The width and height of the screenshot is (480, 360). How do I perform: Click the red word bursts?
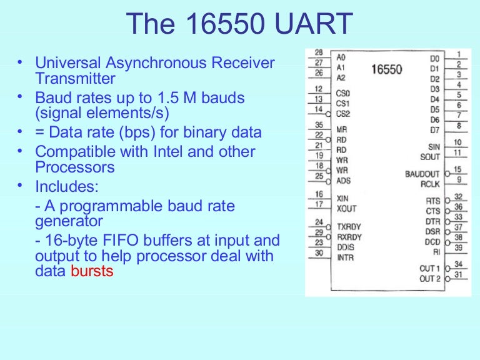pyautogui.click(x=92, y=271)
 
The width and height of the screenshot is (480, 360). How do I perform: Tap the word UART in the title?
pyautogui.click(x=314, y=24)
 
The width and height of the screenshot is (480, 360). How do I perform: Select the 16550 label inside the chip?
pyautogui.click(x=387, y=69)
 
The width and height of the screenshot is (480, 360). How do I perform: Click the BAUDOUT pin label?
pyautogui.click(x=422, y=174)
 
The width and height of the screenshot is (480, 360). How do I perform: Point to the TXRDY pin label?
pyautogui.click(x=349, y=227)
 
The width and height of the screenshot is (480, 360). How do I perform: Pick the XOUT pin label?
pyautogui.click(x=346, y=209)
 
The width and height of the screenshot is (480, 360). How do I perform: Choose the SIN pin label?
pyautogui.click(x=434, y=147)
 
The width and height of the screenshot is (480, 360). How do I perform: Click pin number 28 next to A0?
pyautogui.click(x=319, y=52)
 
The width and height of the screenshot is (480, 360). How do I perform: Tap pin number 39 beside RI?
pyautogui.click(x=458, y=247)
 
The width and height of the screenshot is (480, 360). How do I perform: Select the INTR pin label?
pyautogui.click(x=345, y=257)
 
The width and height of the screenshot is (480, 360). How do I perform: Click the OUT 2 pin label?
pyautogui.click(x=430, y=279)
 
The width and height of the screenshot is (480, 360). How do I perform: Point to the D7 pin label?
pyautogui.click(x=435, y=130)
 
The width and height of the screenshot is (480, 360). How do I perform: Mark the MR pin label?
pyautogui.click(x=342, y=130)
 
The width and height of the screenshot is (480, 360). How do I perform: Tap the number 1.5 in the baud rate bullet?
pyautogui.click(x=168, y=98)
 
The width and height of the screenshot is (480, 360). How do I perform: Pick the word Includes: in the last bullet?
pyautogui.click(x=67, y=186)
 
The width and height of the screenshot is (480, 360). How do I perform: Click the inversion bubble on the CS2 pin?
pyautogui.click(x=328, y=114)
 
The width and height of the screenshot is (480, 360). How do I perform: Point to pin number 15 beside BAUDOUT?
pyautogui.click(x=457, y=169)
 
